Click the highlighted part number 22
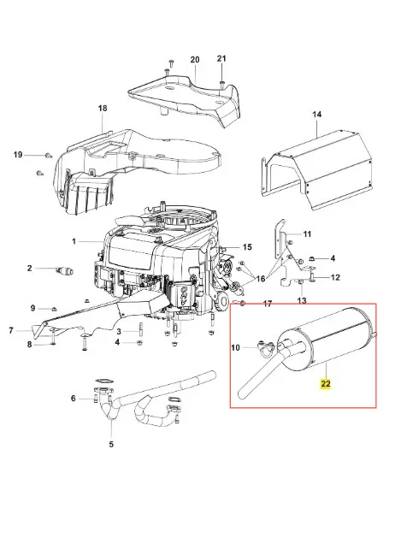click(326, 384)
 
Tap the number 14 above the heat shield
click(317, 114)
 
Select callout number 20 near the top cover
click(195, 60)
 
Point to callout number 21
click(221, 59)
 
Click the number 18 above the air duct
click(103, 109)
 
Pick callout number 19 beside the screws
click(18, 154)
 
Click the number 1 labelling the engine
click(74, 240)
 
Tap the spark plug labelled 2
click(65, 270)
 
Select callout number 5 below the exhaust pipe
click(111, 444)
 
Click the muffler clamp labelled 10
click(267, 349)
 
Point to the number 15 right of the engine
click(247, 247)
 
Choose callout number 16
click(261, 279)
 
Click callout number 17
click(268, 304)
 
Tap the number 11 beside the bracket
click(307, 234)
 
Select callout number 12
click(335, 277)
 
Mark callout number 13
click(302, 300)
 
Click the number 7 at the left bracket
click(11, 331)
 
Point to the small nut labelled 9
click(54, 309)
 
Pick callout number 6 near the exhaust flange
click(74, 399)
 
